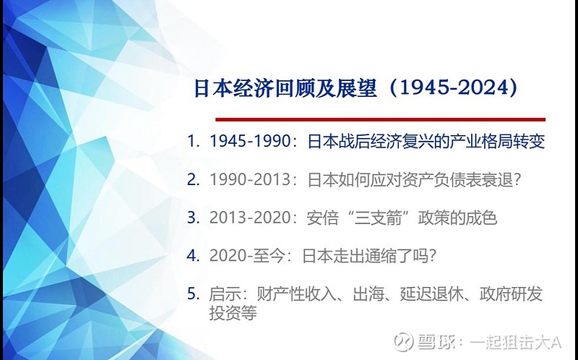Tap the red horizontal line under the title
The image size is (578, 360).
point(381,119)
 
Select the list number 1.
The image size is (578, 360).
point(193,141)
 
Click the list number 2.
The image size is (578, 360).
point(193,179)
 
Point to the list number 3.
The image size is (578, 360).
point(193,218)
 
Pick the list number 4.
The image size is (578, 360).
point(193,256)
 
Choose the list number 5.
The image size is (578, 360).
point(193,293)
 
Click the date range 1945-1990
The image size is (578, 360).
point(250,141)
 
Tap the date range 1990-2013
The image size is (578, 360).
point(250,179)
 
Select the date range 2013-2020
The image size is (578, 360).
point(250,218)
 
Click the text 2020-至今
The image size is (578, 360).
point(247,256)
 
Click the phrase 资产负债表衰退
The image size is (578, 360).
point(457,179)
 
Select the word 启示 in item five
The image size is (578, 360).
point(225,294)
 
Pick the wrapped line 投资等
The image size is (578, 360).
point(233,313)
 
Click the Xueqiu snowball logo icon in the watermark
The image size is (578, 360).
point(403,341)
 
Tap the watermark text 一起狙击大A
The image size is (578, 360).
point(515,343)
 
